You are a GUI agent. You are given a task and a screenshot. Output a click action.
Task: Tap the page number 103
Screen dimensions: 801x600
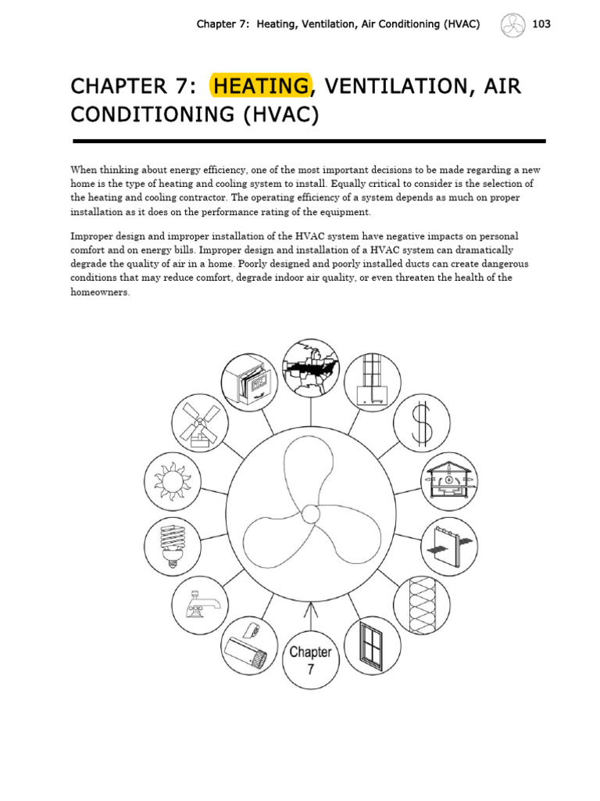tap(541, 24)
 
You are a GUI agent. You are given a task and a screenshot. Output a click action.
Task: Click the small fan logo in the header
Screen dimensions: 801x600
tap(512, 24)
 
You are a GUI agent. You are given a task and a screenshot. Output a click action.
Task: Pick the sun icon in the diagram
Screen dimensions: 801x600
tap(171, 480)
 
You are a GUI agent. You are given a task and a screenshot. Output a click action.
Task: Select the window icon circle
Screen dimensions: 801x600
tap(372, 646)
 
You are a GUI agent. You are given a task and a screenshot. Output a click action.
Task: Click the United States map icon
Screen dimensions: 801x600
tap(309, 368)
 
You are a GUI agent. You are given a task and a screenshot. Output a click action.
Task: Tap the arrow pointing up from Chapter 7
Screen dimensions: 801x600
tap(310, 614)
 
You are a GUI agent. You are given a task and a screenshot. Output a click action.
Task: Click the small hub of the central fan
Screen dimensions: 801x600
tap(310, 515)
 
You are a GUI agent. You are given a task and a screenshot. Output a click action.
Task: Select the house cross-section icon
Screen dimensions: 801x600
tap(449, 481)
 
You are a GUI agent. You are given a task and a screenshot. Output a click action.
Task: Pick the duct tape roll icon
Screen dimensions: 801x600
tap(249, 646)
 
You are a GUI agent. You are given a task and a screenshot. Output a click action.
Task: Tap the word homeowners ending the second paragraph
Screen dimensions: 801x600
tap(100, 292)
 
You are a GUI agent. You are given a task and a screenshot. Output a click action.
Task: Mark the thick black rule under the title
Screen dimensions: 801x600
tap(309, 142)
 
